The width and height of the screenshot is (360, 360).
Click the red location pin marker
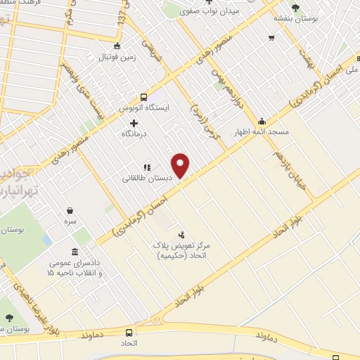(181, 165)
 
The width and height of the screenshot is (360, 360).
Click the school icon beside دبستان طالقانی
(147, 167)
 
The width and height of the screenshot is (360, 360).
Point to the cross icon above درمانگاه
(134, 123)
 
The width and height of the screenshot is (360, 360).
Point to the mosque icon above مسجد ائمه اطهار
(262, 121)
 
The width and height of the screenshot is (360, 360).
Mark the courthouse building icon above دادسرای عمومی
(75, 252)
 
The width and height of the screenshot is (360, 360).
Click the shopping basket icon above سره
(70, 210)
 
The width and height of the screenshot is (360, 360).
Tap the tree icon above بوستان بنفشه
(295, 8)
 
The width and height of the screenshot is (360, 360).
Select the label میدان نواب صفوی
(209, 11)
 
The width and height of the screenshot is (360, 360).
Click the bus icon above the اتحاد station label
(129, 333)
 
